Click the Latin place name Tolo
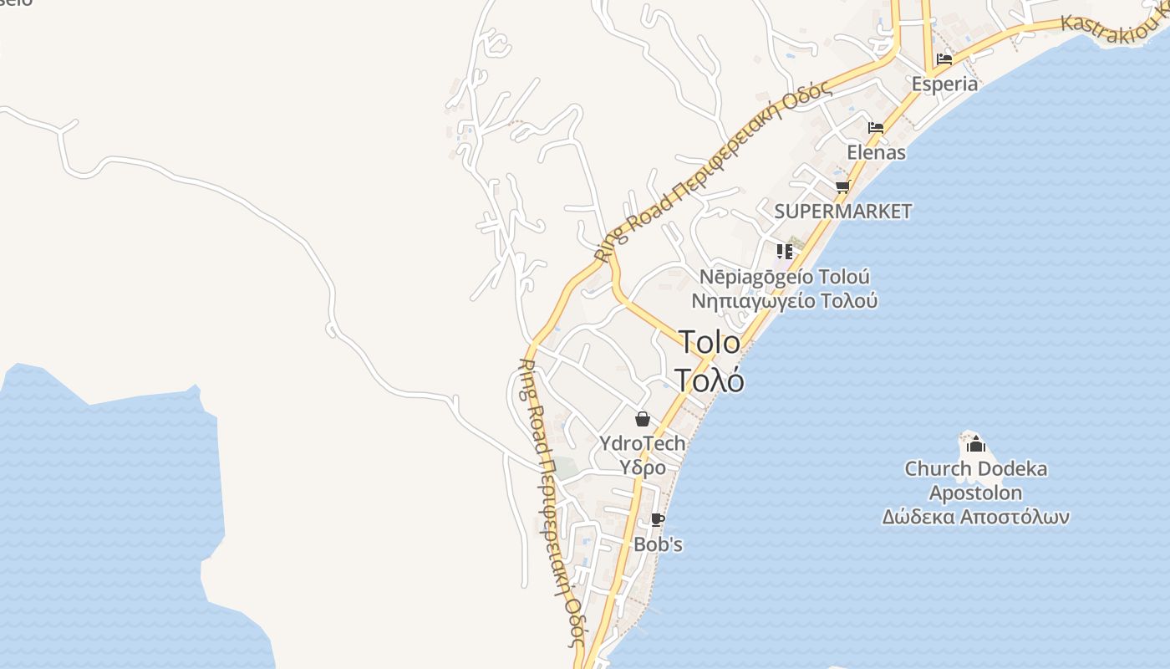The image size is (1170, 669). [709, 342]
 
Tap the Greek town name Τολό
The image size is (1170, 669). [709, 380]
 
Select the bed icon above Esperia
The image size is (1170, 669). [944, 59]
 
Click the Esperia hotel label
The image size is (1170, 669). [944, 84]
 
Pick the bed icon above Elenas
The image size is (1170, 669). [876, 128]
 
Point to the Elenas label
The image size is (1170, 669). [876, 152]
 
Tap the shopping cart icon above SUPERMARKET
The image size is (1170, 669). [842, 186]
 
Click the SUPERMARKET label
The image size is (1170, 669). [842, 212]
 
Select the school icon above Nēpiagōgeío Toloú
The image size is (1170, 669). [784, 251]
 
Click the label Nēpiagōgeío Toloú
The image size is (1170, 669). [784, 277]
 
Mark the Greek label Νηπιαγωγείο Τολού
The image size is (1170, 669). [784, 300]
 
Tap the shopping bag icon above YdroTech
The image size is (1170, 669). [642, 419]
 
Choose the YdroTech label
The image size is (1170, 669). [642, 443]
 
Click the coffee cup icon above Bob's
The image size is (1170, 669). [658, 519]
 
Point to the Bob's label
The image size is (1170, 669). [658, 544]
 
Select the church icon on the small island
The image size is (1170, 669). [975, 445]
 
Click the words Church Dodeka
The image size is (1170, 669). [975, 469]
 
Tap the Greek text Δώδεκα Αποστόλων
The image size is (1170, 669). [975, 517]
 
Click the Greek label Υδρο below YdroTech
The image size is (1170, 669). [642, 467]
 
